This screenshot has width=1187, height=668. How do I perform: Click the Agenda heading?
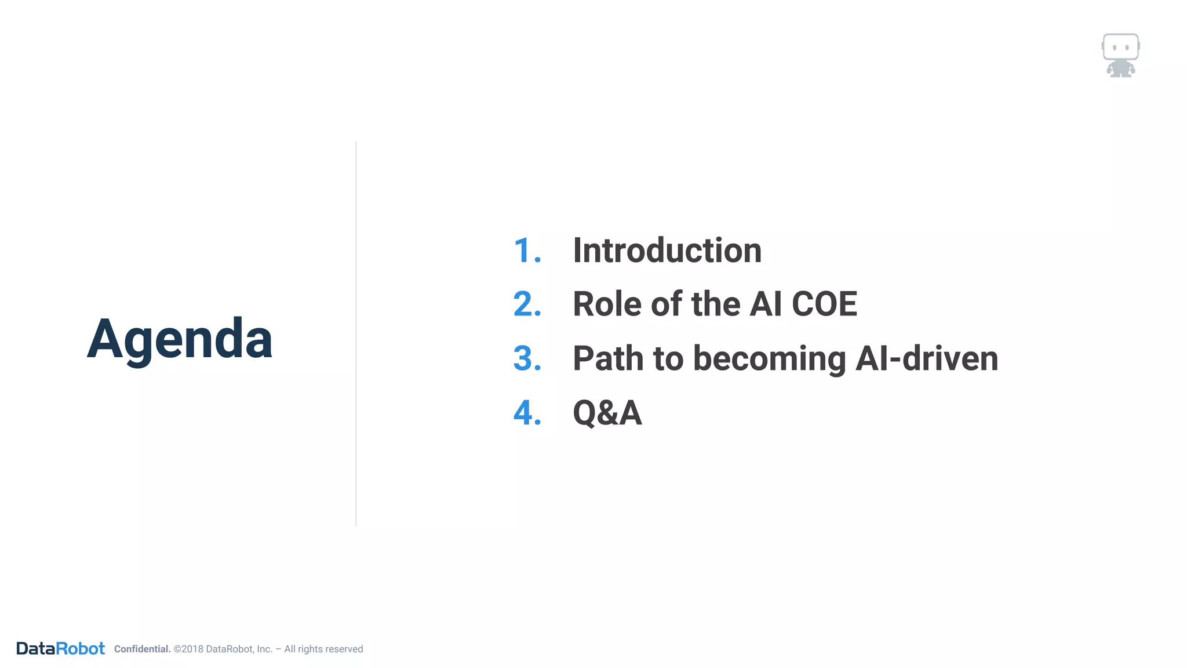tap(179, 339)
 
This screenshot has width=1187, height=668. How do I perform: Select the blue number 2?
tap(527, 304)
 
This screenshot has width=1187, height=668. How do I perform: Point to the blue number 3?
tap(527, 358)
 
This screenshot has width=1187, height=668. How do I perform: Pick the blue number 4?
tap(527, 413)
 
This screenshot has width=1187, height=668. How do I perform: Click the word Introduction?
tap(667, 251)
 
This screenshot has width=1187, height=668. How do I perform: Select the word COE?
tap(824, 304)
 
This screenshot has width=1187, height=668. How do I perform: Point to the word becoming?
tap(769, 360)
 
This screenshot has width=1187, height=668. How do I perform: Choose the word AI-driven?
tap(926, 358)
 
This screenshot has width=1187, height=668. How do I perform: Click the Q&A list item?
tap(607, 413)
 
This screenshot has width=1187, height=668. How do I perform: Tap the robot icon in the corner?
tap(1120, 56)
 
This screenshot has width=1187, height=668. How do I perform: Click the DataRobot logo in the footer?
tap(60, 648)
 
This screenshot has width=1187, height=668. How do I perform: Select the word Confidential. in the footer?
tap(142, 649)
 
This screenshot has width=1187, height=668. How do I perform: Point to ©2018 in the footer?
tap(188, 649)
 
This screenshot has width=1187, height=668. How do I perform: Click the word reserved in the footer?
tap(344, 649)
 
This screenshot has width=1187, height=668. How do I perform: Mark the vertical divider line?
tap(356, 333)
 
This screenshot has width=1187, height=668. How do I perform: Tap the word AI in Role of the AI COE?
tap(766, 304)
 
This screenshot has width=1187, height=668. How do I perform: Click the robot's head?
tap(1120, 46)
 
